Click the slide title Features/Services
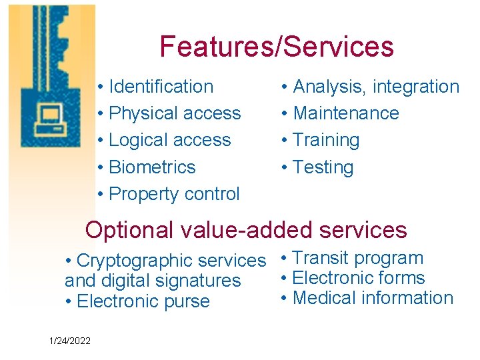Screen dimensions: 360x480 pyautogui.click(x=277, y=47)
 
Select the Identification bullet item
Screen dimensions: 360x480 pyautogui.click(x=160, y=87)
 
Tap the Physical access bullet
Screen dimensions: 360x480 pyautogui.click(x=174, y=113)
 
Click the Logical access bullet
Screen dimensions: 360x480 pyautogui.click(x=169, y=140)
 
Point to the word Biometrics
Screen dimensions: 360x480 pyautogui.click(x=152, y=167)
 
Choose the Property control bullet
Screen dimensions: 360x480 pyautogui.click(x=173, y=194)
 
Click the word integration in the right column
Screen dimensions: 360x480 pyautogui.click(x=416, y=87)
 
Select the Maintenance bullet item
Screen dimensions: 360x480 pyautogui.click(x=345, y=113)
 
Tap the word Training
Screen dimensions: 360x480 pyautogui.click(x=326, y=140)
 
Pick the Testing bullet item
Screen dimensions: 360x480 pyautogui.click(x=323, y=167)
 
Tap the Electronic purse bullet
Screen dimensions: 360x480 pyautogui.click(x=143, y=301)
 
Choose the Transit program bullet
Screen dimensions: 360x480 pyautogui.click(x=357, y=258)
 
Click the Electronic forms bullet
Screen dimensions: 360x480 pyautogui.click(x=358, y=278)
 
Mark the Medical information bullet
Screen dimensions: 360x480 pyautogui.click(x=372, y=298)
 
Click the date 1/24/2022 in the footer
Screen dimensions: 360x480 pyautogui.click(x=70, y=341)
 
